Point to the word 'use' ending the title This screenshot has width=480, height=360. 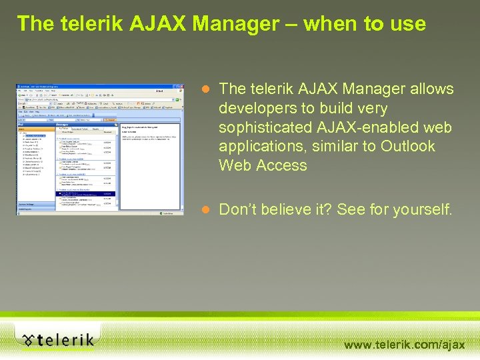(408, 24)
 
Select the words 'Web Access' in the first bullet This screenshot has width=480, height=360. (263, 165)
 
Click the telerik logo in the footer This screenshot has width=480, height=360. (57, 340)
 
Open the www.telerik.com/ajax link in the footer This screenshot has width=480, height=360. (404, 345)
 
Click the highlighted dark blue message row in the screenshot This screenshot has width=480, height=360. (87, 195)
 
